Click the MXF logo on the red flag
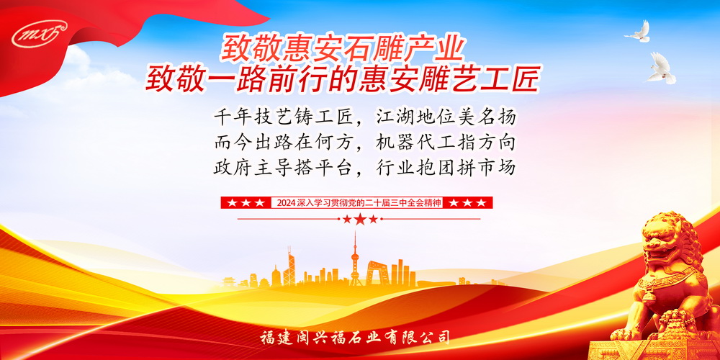[x=40, y=33]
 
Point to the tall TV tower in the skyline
[x=354, y=258]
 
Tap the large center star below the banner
[x=360, y=219]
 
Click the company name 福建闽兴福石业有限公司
[x=354, y=338]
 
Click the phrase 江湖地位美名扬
[x=446, y=117]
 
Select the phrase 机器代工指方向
[x=446, y=143]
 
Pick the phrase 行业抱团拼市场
[x=446, y=168]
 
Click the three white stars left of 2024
[x=246, y=202]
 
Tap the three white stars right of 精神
[x=467, y=202]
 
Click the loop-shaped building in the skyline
[x=376, y=273]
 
